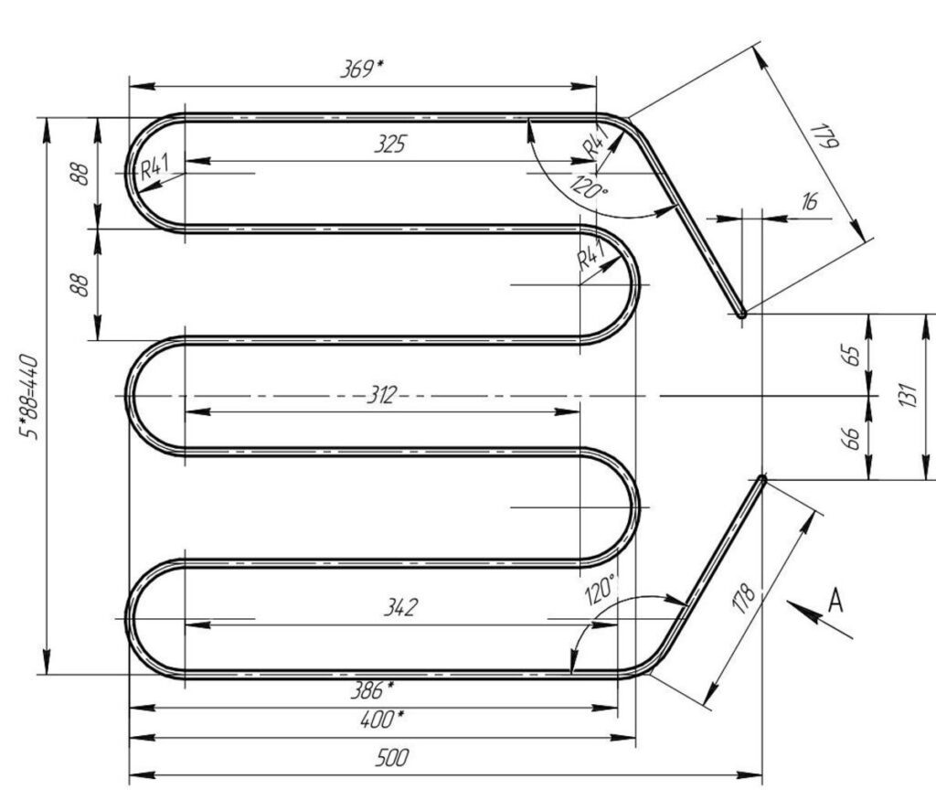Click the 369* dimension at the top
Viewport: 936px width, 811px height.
coord(362,69)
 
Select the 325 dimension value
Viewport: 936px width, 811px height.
coord(390,144)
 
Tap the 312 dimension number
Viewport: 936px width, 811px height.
coord(381,395)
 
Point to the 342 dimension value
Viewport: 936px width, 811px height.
coord(400,607)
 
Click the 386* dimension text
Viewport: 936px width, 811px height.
coord(372,690)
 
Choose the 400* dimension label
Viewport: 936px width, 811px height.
coord(382,719)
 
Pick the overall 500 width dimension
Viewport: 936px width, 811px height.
coord(392,758)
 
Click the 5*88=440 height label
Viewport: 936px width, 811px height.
coord(29,397)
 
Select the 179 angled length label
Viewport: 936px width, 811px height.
coord(825,136)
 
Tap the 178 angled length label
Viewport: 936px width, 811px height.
coord(744,599)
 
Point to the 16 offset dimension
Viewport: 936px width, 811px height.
coord(810,201)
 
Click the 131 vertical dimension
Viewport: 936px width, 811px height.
coord(908,395)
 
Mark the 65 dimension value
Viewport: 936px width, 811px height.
coord(853,356)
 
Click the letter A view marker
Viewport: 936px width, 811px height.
coord(835,600)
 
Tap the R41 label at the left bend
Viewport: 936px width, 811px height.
coord(154,166)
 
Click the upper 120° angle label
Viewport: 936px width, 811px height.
coord(590,187)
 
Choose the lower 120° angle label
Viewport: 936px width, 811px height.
coord(600,590)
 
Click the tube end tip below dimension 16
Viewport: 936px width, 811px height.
coord(742,314)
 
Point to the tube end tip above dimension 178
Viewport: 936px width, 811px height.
coord(761,478)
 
